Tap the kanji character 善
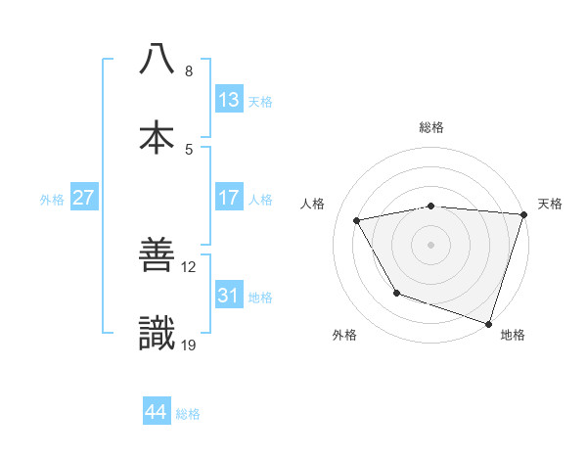(157, 256)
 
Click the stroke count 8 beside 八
(189, 71)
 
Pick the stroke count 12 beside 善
(189, 265)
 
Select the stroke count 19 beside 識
(189, 344)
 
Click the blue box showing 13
(229, 100)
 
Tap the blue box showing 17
(229, 198)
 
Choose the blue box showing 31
(229, 296)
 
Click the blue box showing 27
(83, 198)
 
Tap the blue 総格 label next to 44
(188, 414)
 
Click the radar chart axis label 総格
(431, 127)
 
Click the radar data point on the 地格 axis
(488, 323)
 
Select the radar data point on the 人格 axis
(357, 220)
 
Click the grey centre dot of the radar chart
(431, 244)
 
